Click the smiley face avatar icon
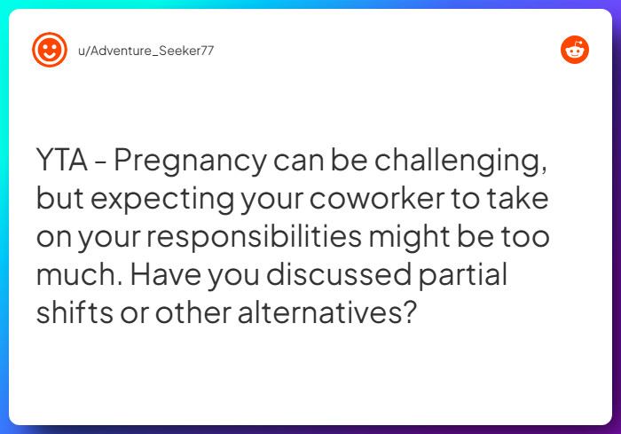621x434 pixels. click(50, 50)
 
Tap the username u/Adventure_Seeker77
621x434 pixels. click(146, 51)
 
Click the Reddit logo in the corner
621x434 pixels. click(575, 50)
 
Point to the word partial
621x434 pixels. click(470, 276)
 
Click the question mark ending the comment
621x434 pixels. click(408, 314)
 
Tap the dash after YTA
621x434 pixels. click(101, 163)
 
